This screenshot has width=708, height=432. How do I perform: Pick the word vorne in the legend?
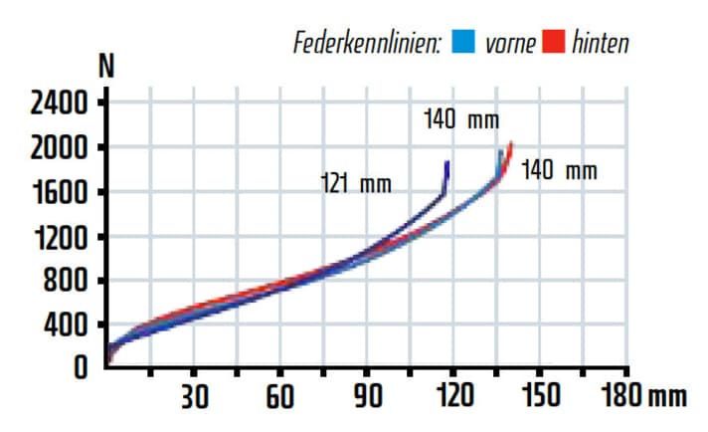tap(509, 43)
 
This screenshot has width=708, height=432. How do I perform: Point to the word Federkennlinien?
tap(367, 43)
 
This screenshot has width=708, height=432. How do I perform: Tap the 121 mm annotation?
tap(356, 184)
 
